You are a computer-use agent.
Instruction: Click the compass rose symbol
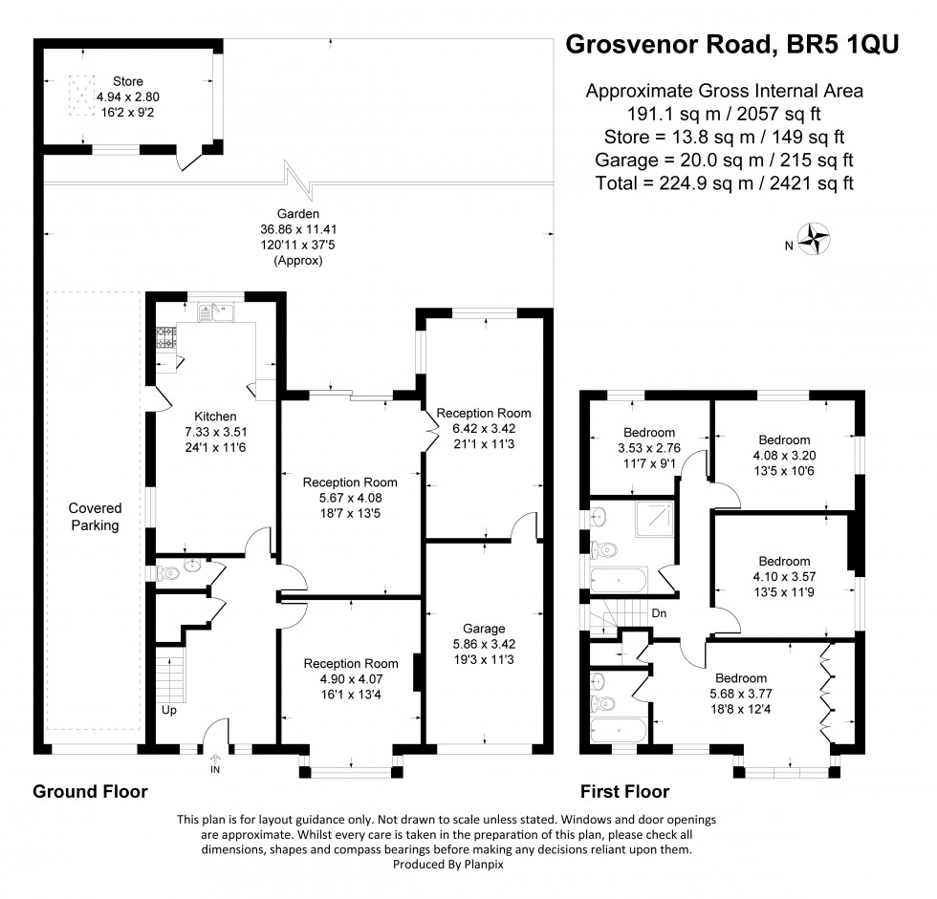pyautogui.click(x=815, y=239)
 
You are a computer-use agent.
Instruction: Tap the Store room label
pyautogui.click(x=128, y=81)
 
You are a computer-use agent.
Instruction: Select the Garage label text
pyautogui.click(x=484, y=629)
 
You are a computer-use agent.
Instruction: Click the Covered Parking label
pyautogui.click(x=95, y=517)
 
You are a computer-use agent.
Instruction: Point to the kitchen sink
pyautogui.click(x=216, y=312)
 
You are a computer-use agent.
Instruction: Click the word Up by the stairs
pyautogui.click(x=169, y=711)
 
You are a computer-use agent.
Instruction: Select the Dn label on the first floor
pyautogui.click(x=659, y=613)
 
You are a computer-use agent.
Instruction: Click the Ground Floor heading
pyautogui.click(x=90, y=792)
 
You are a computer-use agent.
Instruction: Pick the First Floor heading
pyautogui.click(x=625, y=792)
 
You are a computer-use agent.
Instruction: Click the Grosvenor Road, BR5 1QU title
pyautogui.click(x=732, y=44)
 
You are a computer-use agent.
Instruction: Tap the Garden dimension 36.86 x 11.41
pyautogui.click(x=298, y=229)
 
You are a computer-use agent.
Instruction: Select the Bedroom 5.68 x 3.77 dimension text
pyautogui.click(x=741, y=694)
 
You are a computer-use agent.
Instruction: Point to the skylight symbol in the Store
pyautogui.click(x=82, y=96)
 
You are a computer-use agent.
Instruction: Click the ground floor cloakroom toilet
pyautogui.click(x=166, y=573)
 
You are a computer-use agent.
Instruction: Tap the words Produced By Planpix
pyautogui.click(x=448, y=864)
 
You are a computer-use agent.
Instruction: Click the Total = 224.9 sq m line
pyautogui.click(x=725, y=183)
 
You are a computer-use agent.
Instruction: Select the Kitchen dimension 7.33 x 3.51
pyautogui.click(x=216, y=432)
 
